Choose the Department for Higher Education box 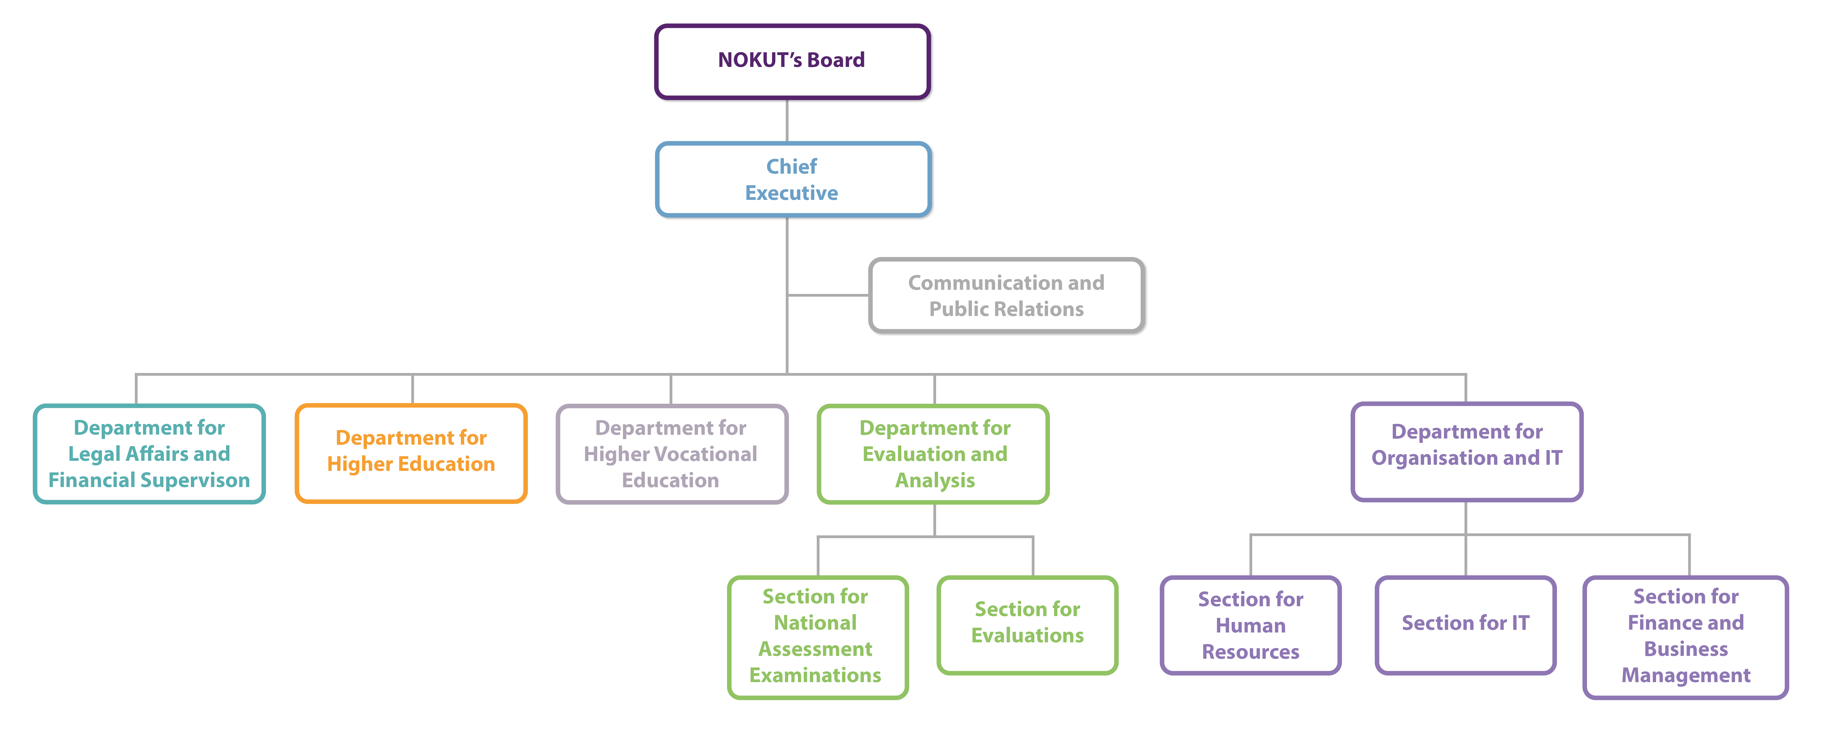pos(411,453)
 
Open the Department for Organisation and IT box pos(1466,451)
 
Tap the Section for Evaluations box pos(1027,624)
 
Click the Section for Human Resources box pos(1250,625)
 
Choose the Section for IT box pos(1466,624)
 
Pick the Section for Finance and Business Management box pos(1686,636)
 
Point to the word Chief pos(792,167)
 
